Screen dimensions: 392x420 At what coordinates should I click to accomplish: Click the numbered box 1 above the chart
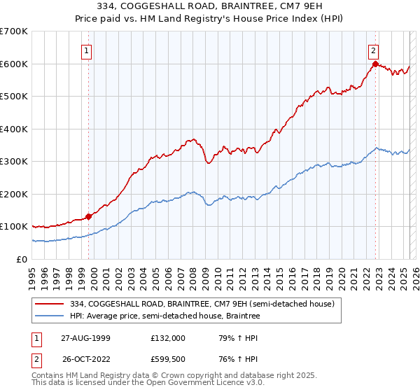(x=86, y=50)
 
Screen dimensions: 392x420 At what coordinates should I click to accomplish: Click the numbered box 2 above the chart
(x=374, y=50)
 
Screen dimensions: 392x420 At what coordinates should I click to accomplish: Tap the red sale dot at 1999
(x=89, y=216)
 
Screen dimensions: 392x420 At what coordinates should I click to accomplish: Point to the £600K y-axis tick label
(x=14, y=64)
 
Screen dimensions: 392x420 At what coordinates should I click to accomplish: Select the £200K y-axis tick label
(x=14, y=194)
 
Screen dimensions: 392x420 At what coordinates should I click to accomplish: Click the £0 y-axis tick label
(x=22, y=259)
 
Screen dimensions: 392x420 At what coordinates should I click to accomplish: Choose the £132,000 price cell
(x=168, y=337)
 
